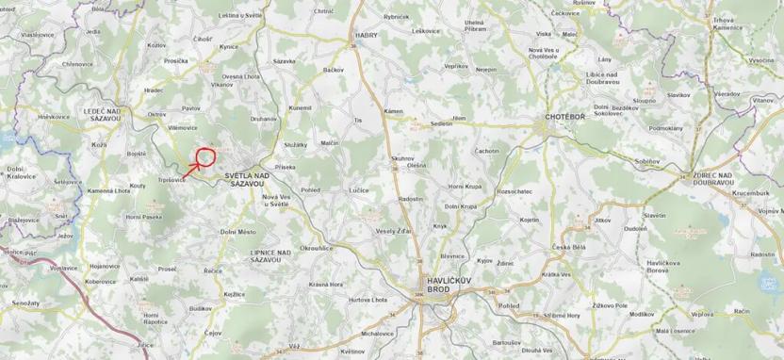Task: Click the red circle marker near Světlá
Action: point(205,157)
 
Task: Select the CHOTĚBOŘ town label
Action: point(567,118)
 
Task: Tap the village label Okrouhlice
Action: point(315,248)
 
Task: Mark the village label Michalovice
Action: point(376,333)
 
